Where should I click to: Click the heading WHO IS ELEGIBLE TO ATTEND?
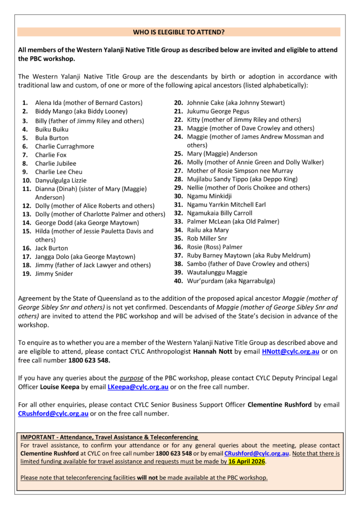179,32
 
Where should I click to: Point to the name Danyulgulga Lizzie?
61,180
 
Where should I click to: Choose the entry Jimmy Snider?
54,274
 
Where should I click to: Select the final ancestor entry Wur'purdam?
205,281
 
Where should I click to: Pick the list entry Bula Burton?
52,138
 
